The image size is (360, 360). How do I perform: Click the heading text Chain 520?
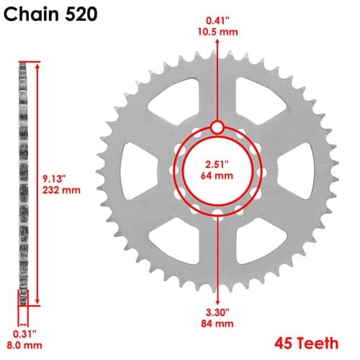[x=50, y=14]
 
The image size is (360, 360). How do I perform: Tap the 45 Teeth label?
[x=307, y=343]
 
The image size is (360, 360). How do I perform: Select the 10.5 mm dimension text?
[x=217, y=32]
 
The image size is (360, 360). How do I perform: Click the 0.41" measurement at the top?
[x=217, y=21]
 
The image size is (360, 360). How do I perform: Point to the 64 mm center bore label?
[x=217, y=176]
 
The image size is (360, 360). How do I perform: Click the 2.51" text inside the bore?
[x=217, y=164]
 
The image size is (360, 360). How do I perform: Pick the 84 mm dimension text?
[x=217, y=323]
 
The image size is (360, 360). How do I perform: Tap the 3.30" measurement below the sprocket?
[x=217, y=312]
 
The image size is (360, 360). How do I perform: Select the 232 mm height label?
[x=61, y=190]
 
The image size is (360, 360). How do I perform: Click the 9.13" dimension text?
[x=54, y=179]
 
